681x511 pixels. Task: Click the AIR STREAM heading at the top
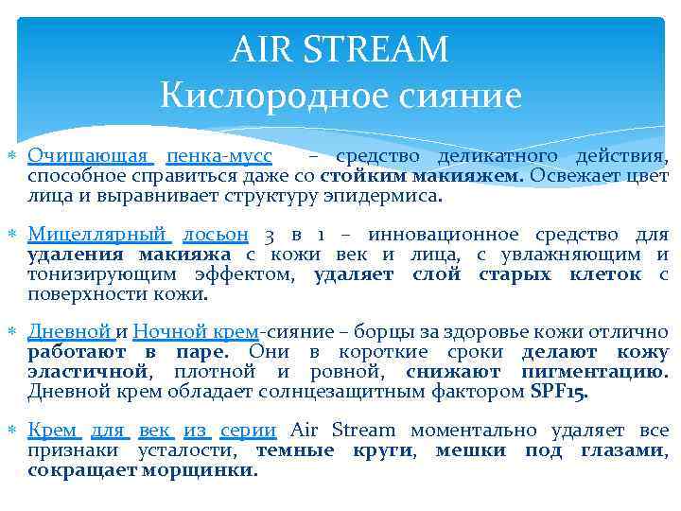(340, 48)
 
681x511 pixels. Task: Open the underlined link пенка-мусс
(219, 155)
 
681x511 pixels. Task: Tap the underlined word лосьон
(217, 233)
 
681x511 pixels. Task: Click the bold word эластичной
(88, 372)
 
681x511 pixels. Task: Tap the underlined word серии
(248, 430)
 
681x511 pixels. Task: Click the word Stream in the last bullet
(372, 430)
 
